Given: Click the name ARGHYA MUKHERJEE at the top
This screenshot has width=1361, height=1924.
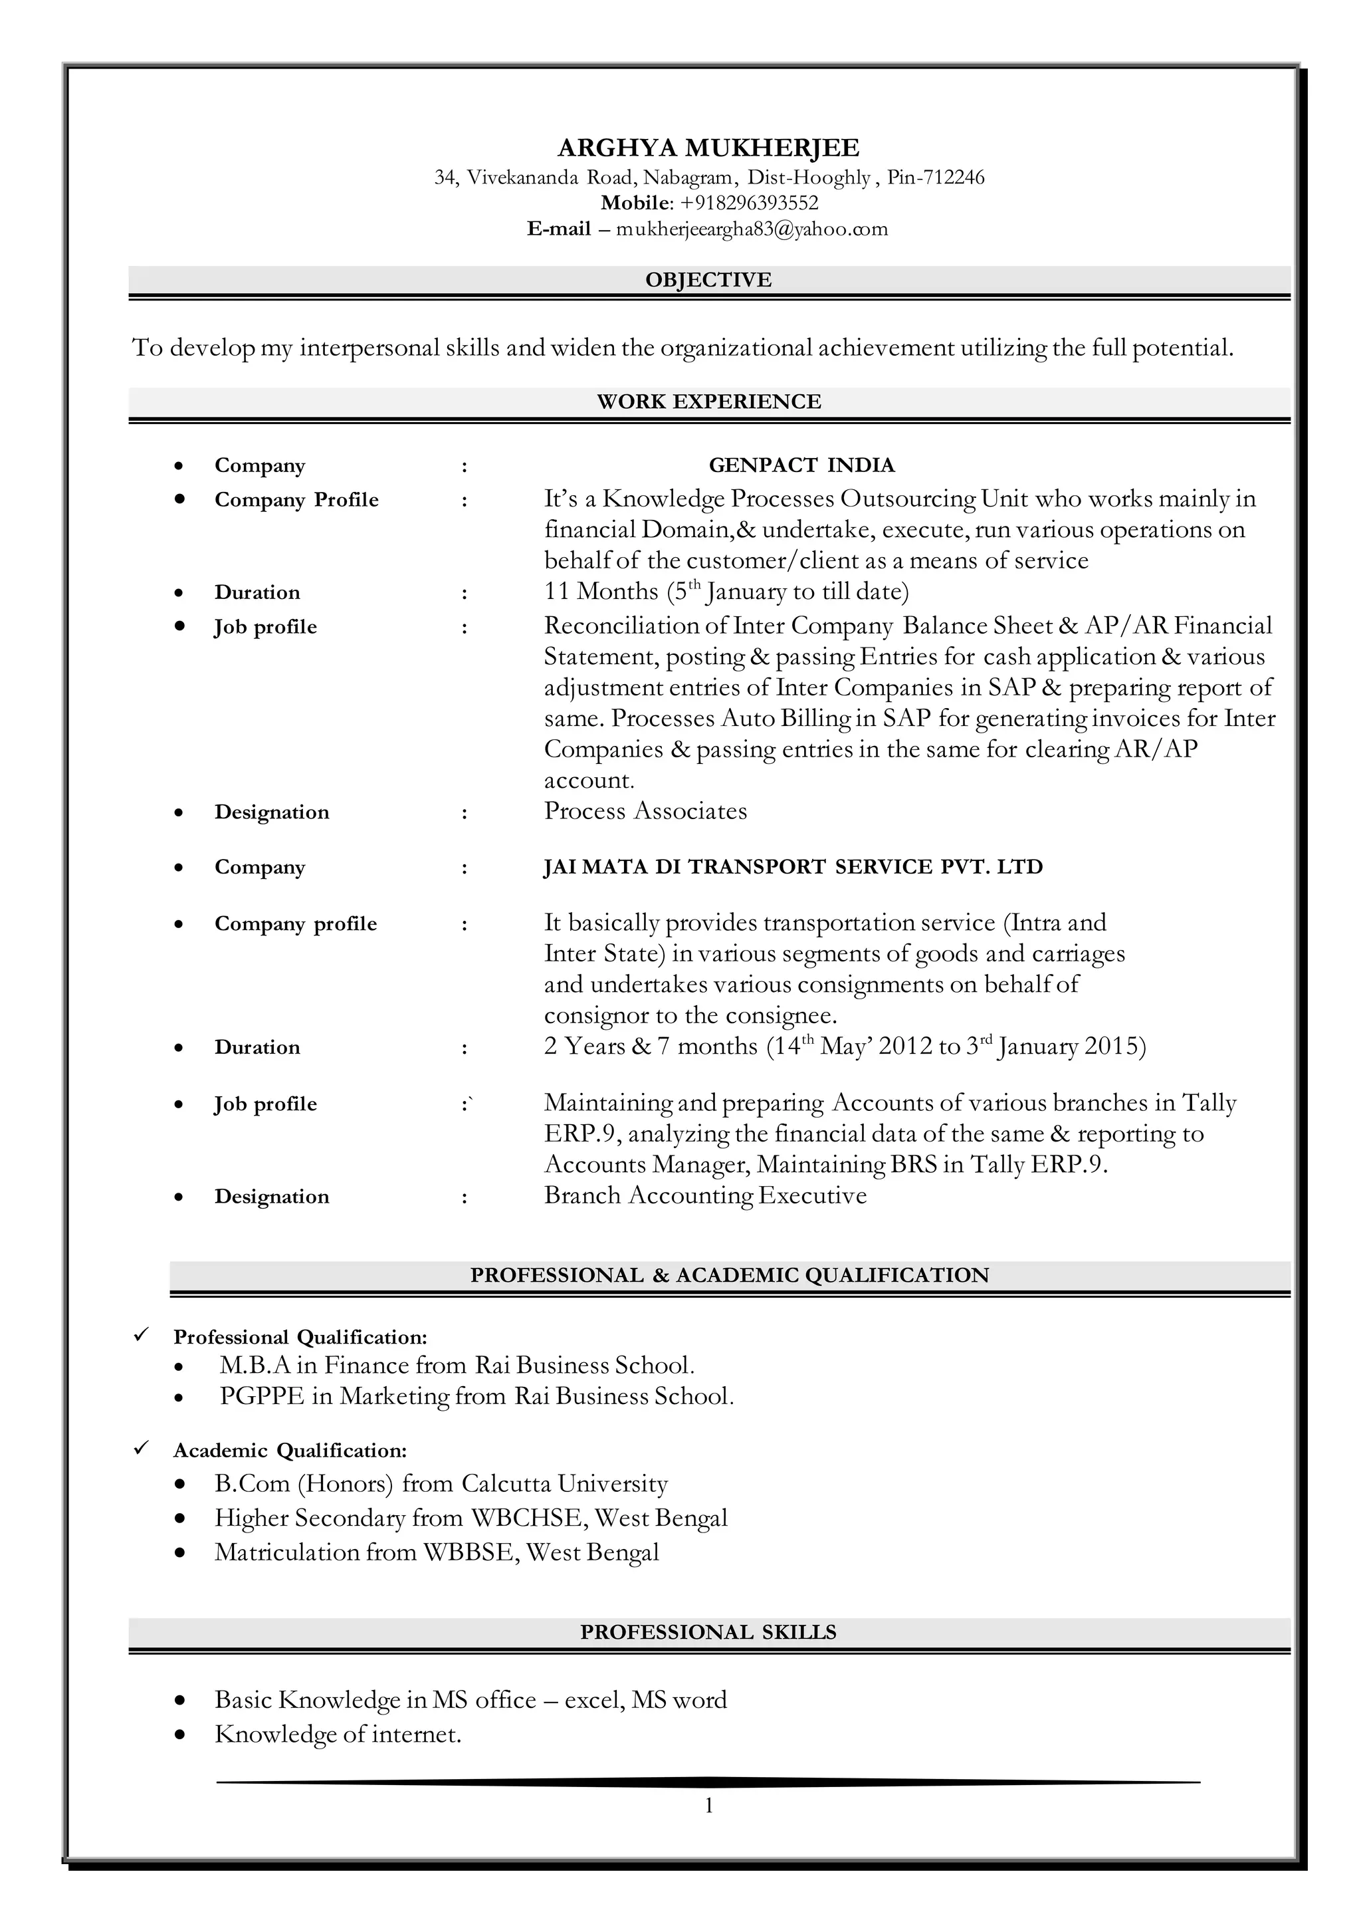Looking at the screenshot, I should pos(708,148).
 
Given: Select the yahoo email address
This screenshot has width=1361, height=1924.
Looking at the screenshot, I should pos(752,229).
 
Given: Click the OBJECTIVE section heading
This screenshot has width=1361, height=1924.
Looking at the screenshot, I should pos(708,280).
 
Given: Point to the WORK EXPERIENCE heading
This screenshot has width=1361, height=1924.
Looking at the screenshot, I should pos(708,402).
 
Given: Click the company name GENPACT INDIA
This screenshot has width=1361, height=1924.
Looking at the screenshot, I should pos(801,465).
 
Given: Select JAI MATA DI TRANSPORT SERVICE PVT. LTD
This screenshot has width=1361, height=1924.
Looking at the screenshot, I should pos(793,867).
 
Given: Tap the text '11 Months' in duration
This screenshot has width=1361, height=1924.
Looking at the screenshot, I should pos(601,592).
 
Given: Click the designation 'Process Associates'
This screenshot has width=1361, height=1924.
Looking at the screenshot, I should pos(645,812).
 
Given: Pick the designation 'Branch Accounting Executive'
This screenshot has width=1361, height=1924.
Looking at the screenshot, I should pos(705,1195).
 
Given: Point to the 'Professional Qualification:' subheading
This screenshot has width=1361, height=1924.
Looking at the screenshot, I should pos(300,1337).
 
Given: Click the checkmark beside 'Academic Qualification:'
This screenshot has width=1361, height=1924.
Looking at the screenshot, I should pos(142,1449).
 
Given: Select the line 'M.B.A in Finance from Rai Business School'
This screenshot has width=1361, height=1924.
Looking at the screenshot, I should pos(457,1366).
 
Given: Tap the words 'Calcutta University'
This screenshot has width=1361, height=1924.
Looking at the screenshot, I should pos(564,1484).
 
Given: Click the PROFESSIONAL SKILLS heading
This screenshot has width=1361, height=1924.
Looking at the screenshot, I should pos(708,1632).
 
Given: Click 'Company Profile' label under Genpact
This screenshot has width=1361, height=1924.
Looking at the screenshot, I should pos(296,501).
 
